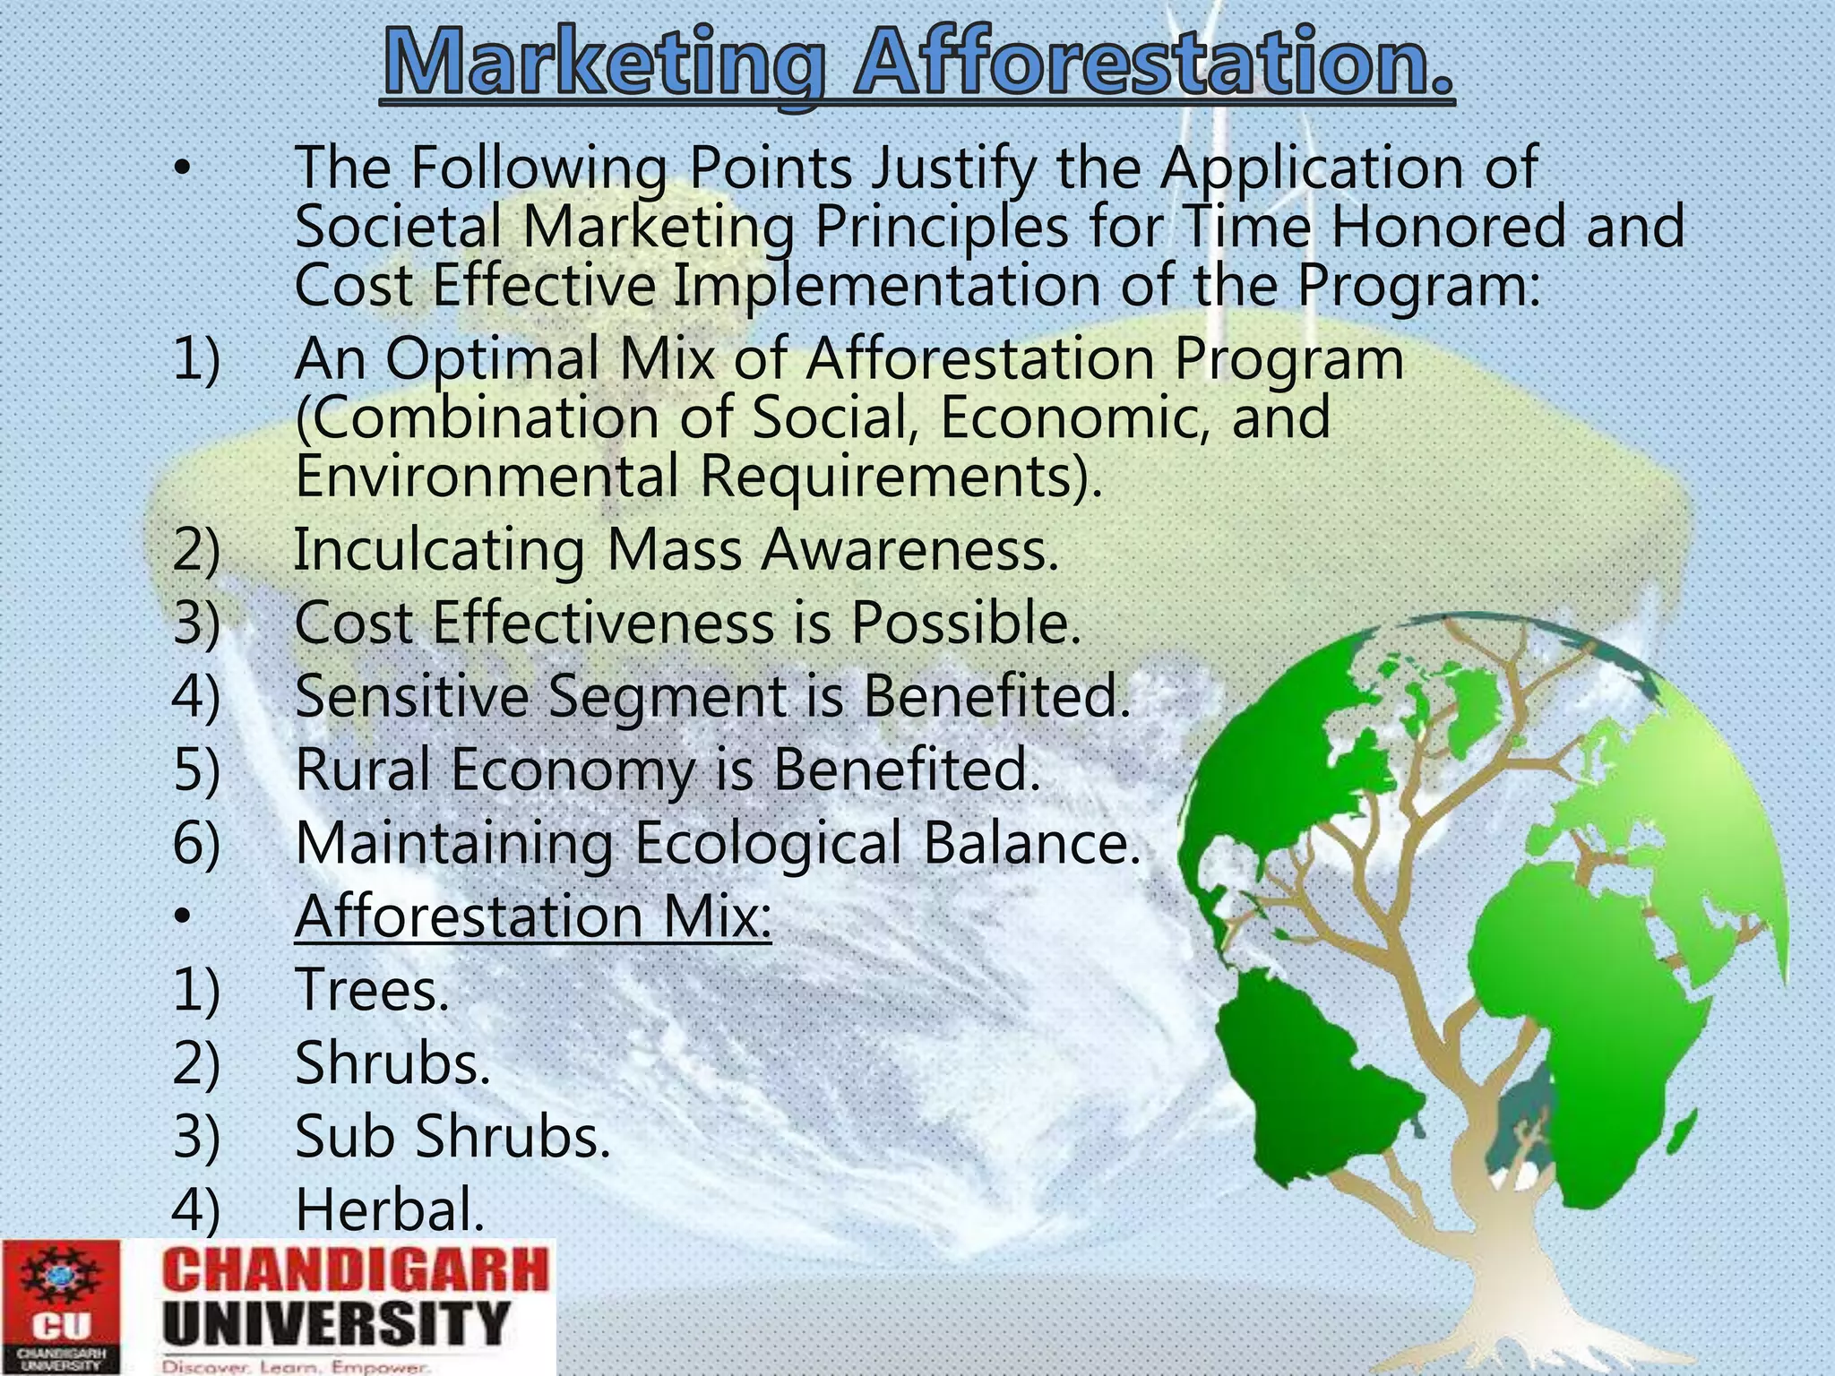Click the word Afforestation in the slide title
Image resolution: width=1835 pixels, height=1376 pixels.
[1154, 63]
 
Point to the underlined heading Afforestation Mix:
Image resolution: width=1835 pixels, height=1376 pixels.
[532, 916]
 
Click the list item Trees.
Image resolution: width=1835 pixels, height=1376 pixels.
[371, 990]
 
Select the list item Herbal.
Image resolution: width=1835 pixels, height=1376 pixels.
[389, 1209]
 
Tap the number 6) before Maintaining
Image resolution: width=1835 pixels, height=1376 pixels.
[196, 843]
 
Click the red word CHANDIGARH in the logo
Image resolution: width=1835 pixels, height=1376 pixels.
[357, 1270]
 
